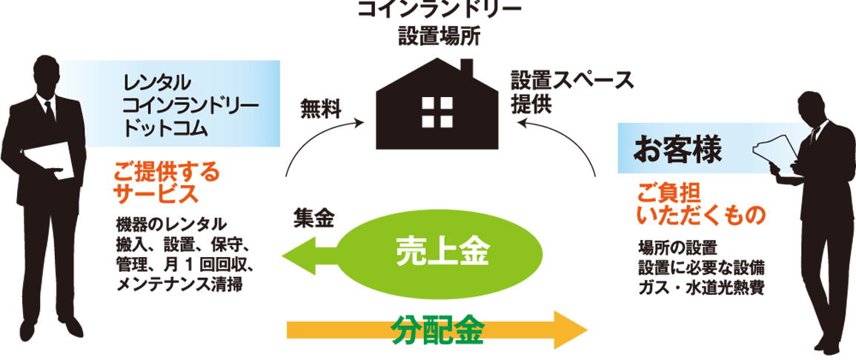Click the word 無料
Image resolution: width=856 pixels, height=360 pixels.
tap(319, 110)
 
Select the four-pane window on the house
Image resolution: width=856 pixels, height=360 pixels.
tap(431, 112)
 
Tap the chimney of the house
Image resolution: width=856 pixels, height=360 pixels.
tap(466, 69)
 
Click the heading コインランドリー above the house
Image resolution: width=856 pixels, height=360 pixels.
tap(439, 10)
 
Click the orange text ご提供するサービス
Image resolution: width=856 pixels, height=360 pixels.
tap(166, 184)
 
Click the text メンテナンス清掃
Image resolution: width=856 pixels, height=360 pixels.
tap(180, 284)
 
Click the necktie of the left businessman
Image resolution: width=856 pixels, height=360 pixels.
tap(49, 111)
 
